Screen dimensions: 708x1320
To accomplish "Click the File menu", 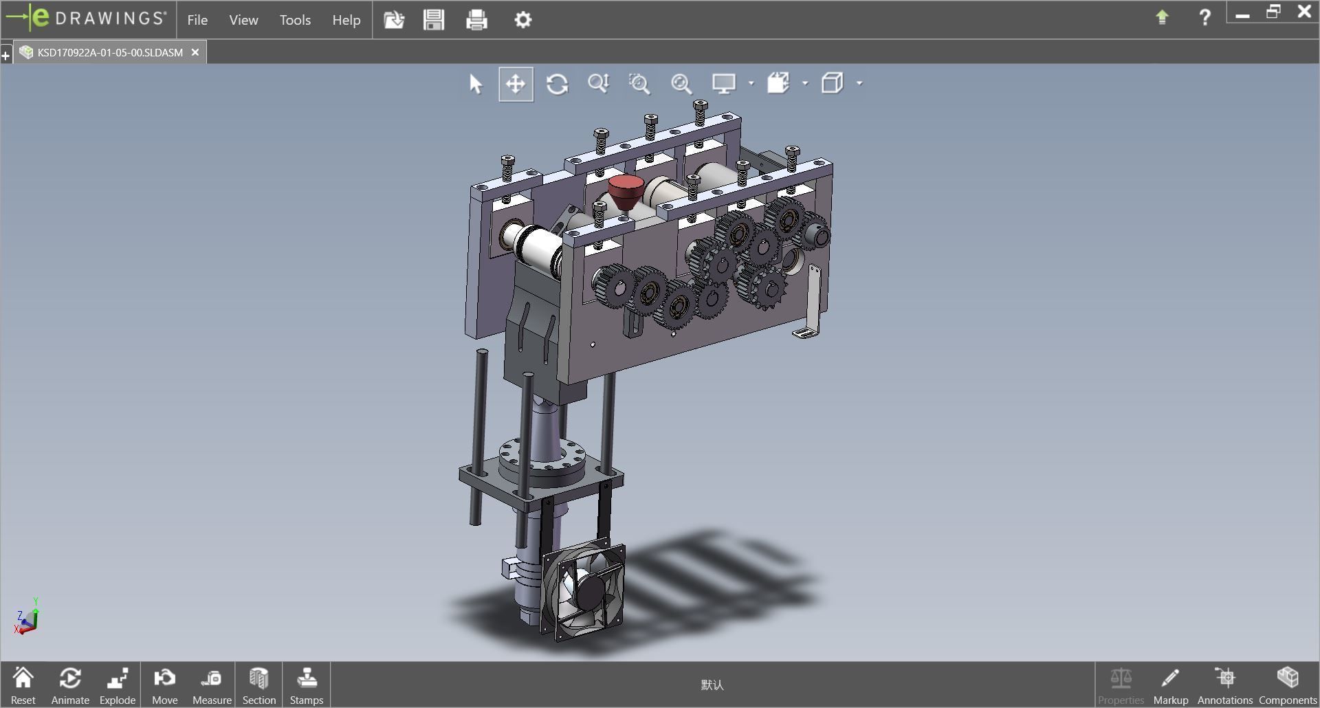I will click(197, 20).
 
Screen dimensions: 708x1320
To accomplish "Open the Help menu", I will click(346, 20).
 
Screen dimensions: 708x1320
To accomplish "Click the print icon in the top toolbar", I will click(476, 20).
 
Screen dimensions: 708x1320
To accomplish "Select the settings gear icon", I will click(522, 20).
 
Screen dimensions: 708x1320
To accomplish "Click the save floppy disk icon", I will click(434, 20).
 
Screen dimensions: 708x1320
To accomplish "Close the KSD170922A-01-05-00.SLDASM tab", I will click(195, 52).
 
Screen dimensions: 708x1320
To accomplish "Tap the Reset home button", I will click(23, 685).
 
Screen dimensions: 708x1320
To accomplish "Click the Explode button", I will click(118, 685).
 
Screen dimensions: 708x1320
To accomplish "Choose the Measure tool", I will click(212, 685).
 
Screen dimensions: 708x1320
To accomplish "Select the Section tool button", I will click(258, 685).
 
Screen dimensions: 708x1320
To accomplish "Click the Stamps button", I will click(306, 685).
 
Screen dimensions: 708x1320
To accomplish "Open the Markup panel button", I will click(1170, 685).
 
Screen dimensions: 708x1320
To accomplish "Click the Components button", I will click(1287, 685).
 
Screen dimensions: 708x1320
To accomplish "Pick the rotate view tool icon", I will click(557, 84).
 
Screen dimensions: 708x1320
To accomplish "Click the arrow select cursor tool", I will click(476, 84).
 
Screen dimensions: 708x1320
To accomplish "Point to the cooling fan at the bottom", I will click(585, 592).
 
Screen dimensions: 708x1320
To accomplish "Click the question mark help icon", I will click(1204, 18).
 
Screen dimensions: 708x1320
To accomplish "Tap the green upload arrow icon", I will click(1162, 18).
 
